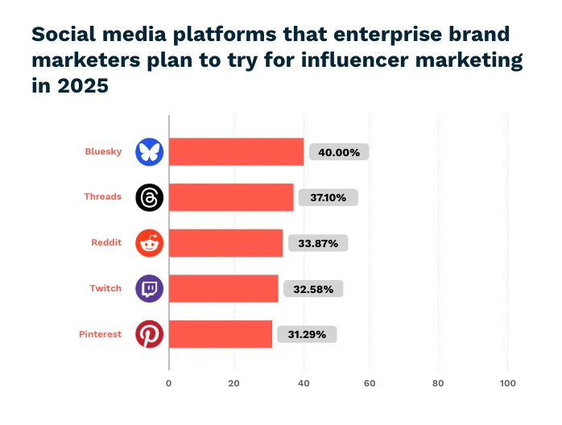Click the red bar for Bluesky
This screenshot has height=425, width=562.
tap(237, 151)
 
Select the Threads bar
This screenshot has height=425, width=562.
tap(231, 197)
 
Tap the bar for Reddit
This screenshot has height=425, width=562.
tap(225, 242)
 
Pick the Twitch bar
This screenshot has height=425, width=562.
tap(224, 288)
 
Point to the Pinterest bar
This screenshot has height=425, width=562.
tap(221, 334)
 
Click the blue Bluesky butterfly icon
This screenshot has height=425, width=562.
tap(149, 151)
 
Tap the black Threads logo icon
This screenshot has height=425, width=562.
tap(149, 197)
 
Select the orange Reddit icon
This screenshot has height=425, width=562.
tap(149, 242)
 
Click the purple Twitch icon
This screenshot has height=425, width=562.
tap(149, 288)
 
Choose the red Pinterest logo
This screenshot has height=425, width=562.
tap(149, 334)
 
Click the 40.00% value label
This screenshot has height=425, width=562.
tap(339, 152)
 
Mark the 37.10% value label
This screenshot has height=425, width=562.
tap(329, 197)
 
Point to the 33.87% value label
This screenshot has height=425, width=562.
tap(317, 243)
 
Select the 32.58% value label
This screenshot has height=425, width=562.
tap(313, 288)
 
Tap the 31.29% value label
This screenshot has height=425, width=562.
tap(307, 334)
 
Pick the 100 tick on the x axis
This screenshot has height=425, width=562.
tap(507, 383)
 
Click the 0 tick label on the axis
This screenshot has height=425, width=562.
tap(169, 383)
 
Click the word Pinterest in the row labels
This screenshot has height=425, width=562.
tap(100, 334)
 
